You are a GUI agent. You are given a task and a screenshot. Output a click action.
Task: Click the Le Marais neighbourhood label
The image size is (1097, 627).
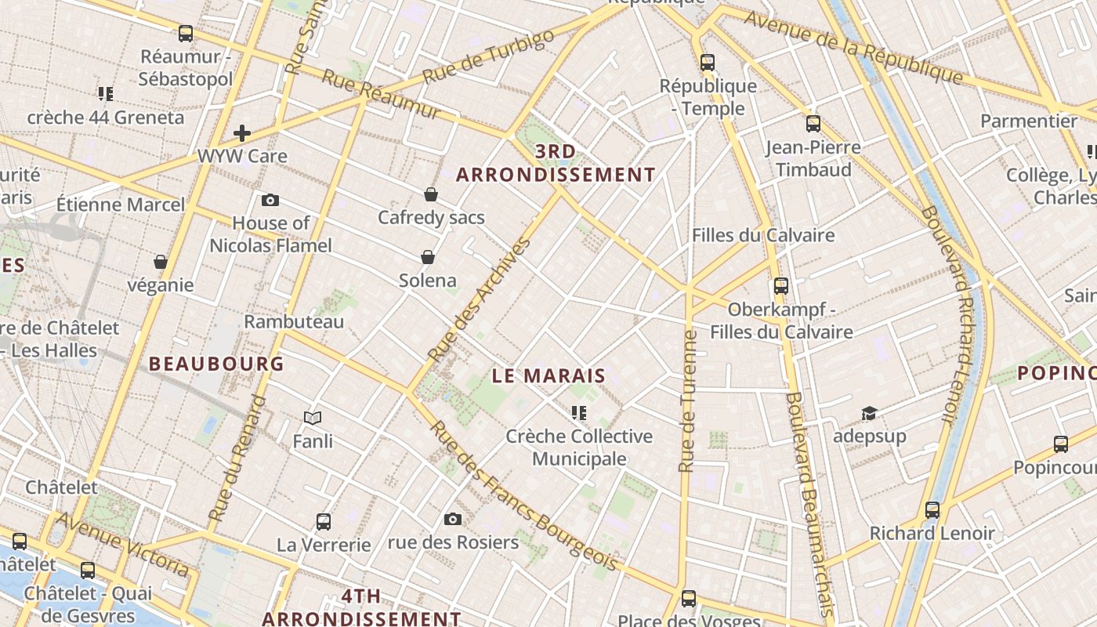tap(548, 375)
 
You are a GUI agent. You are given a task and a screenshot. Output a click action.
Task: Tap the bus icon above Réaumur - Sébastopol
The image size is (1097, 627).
tap(186, 34)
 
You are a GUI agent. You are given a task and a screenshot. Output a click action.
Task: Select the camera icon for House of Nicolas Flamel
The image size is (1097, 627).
tap(270, 200)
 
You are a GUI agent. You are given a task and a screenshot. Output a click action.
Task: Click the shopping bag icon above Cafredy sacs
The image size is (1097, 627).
tap(430, 194)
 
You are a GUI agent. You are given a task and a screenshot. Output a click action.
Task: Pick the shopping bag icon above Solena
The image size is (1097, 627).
tap(428, 257)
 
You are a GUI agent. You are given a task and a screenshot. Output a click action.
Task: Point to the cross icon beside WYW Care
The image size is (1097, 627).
tap(242, 132)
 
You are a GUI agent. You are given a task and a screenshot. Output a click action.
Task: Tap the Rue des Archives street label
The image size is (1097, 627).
tap(480, 300)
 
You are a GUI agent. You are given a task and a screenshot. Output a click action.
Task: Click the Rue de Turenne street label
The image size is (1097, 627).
tap(688, 401)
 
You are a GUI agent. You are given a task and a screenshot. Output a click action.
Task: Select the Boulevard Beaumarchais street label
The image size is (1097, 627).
tap(806, 502)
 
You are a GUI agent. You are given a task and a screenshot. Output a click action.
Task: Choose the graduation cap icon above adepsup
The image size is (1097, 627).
tap(869, 413)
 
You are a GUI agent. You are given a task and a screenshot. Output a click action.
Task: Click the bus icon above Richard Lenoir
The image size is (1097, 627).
tap(932, 510)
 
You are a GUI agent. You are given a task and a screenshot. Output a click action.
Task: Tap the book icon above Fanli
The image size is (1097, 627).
tap(313, 418)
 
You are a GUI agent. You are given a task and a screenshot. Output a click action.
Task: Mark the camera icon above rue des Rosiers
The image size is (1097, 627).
tap(452, 519)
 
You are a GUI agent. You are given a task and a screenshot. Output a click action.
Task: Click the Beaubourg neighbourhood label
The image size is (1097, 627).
tap(215, 364)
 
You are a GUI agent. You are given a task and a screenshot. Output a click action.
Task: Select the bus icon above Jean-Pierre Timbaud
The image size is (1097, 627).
tap(813, 123)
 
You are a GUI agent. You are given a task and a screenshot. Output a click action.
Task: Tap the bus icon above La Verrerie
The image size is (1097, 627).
tap(323, 521)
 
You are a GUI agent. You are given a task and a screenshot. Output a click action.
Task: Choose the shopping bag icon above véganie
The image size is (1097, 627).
tap(161, 261)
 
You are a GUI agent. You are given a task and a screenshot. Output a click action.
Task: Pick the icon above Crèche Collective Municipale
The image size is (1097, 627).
tap(579, 412)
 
